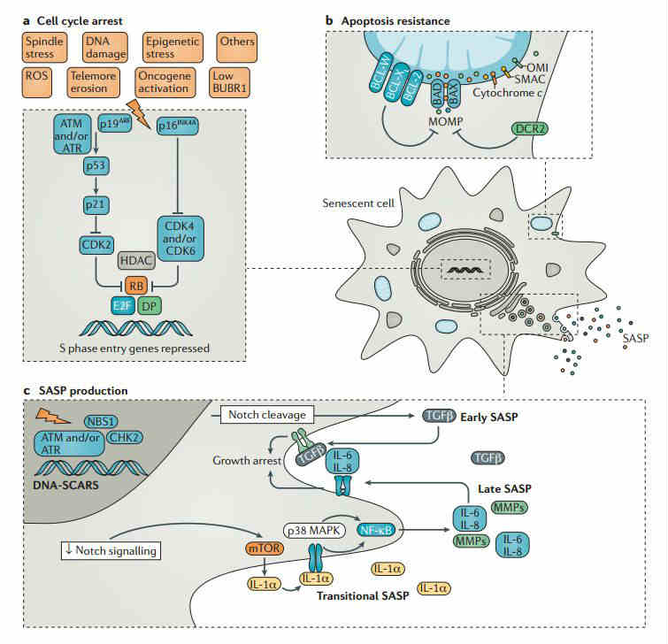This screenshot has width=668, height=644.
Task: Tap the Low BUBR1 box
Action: pyautogui.click(x=233, y=83)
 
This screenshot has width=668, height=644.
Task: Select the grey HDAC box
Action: pyautogui.click(x=136, y=262)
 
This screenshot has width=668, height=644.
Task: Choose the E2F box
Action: pyautogui.click(x=125, y=306)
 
